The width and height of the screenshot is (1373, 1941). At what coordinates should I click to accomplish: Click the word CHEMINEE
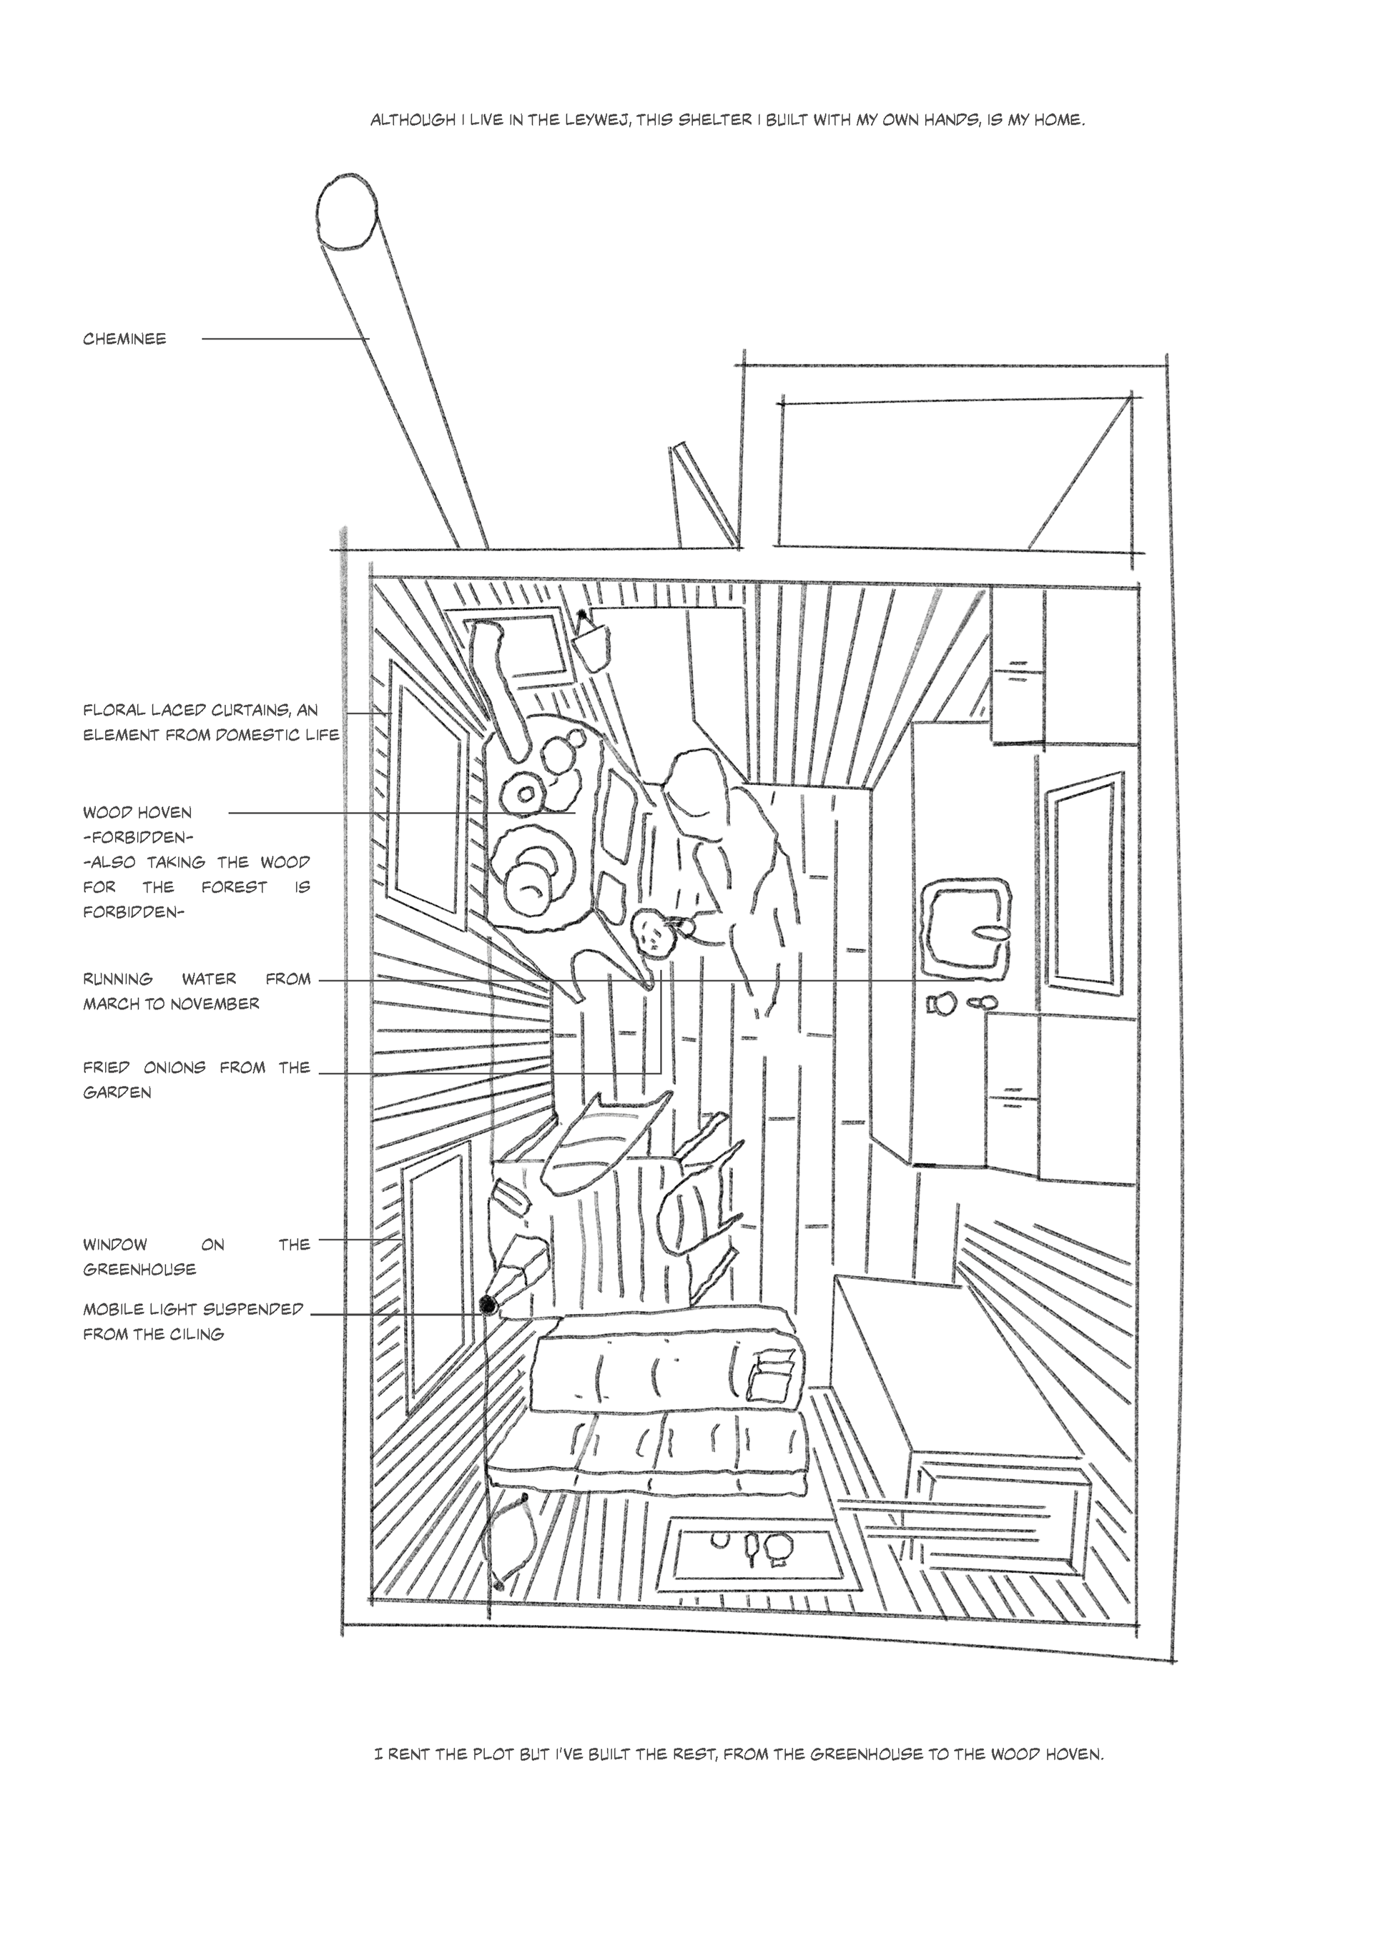pos(124,340)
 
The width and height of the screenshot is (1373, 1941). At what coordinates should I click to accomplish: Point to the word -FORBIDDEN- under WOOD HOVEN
pos(139,838)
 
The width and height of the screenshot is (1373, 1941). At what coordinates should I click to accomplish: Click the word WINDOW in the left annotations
pos(115,1245)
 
